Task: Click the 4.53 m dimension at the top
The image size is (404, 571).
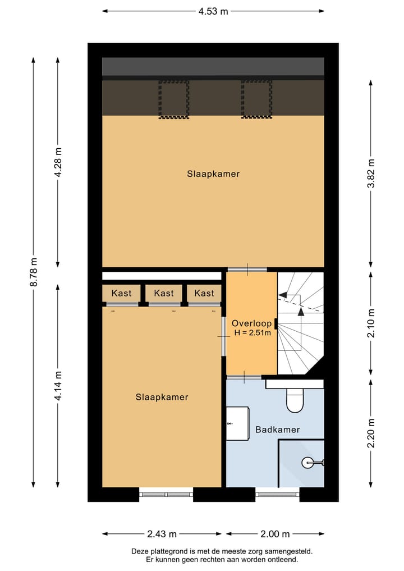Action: click(x=213, y=11)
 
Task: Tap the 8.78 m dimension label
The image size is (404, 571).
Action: click(x=34, y=273)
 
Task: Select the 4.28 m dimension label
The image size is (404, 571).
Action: click(x=58, y=162)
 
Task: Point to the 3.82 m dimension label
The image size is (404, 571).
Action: click(x=370, y=173)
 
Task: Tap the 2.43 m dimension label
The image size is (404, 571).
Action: click(x=163, y=534)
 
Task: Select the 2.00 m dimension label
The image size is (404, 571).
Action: click(x=275, y=534)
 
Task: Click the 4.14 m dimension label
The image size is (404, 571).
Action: click(x=58, y=386)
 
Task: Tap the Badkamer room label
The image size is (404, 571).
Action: click(x=277, y=430)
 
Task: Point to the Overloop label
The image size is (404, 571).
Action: click(x=251, y=323)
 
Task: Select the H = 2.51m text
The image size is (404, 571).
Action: click(x=252, y=333)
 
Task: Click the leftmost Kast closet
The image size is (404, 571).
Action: click(x=121, y=293)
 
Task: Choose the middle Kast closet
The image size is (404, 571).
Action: click(x=164, y=293)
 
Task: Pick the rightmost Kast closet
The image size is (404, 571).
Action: click(x=204, y=293)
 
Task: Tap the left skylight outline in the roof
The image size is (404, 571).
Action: click(x=173, y=99)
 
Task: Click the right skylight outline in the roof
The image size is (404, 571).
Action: click(x=256, y=99)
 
